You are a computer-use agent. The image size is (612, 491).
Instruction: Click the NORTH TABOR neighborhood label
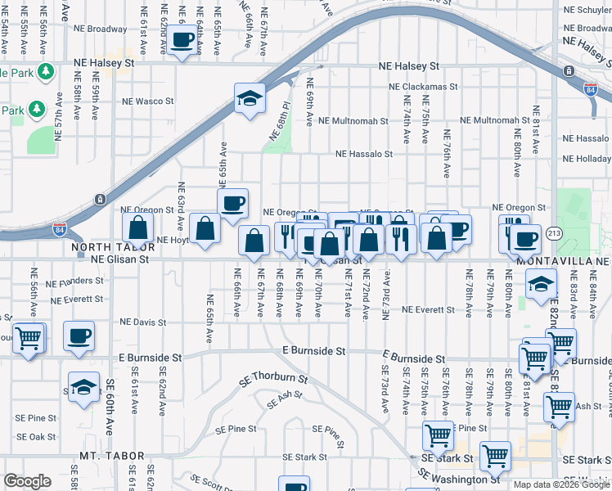point(113,246)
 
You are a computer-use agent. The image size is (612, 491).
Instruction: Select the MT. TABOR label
point(112,456)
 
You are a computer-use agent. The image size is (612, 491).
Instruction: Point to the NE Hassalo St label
point(364,153)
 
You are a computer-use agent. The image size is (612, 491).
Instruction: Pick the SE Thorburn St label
point(273,380)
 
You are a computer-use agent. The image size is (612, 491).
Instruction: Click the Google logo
point(27,481)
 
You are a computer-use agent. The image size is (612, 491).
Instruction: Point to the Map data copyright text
point(560,484)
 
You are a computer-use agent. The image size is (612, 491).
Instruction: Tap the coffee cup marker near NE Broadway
point(182,41)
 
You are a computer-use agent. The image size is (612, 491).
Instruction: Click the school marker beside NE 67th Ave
point(250,100)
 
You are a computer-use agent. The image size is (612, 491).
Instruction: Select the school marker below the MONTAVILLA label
point(541,285)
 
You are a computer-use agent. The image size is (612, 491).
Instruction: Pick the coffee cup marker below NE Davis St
point(79,336)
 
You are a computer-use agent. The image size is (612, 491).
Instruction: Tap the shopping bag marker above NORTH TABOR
point(137,228)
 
